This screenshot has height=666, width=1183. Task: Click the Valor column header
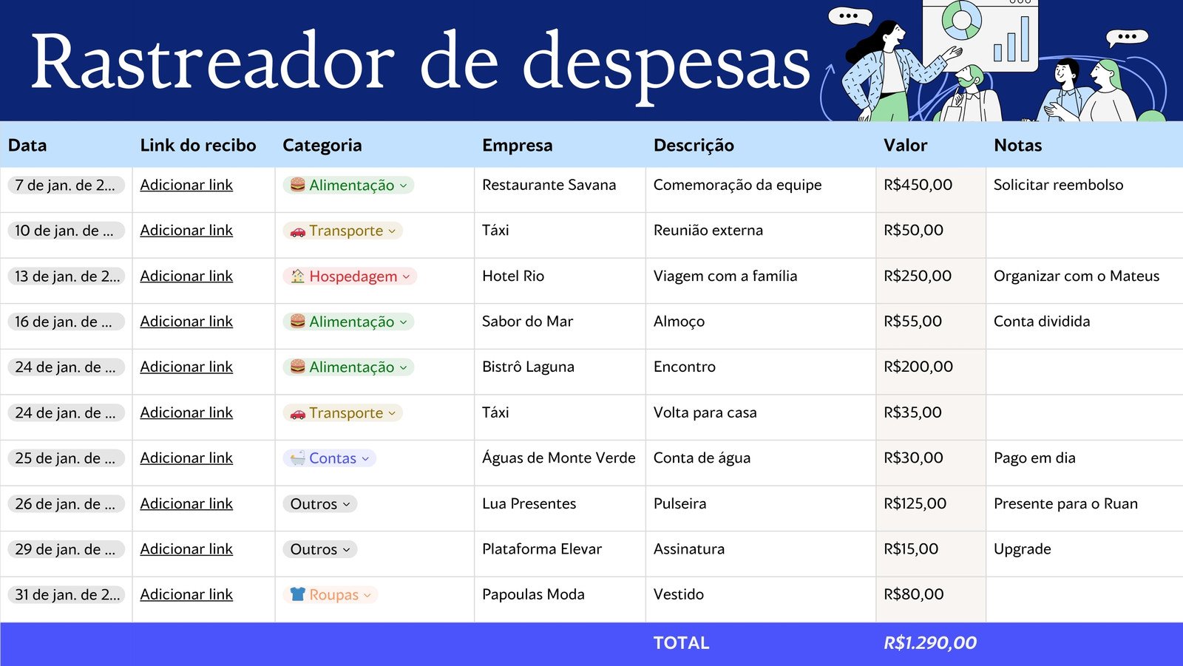905,145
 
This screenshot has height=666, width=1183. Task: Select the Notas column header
1017,145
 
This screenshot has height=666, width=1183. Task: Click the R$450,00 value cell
918,185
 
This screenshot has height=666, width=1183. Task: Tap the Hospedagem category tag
350,276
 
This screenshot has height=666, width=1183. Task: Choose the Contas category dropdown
330,458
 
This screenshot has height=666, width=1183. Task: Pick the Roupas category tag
331,595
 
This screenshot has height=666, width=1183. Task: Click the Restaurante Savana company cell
549,185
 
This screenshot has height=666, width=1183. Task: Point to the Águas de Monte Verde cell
558,458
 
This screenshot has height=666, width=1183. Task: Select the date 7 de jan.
65,186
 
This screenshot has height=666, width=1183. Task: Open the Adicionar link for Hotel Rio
186,276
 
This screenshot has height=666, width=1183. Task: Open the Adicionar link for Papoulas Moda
186,594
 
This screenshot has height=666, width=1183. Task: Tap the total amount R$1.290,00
930,643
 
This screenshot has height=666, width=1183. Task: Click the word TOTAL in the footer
681,643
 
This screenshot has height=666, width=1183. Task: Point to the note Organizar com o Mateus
1076,276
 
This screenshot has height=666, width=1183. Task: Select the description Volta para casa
705,412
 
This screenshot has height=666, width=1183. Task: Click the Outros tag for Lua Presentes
319,504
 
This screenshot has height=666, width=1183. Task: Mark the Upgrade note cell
1022,549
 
